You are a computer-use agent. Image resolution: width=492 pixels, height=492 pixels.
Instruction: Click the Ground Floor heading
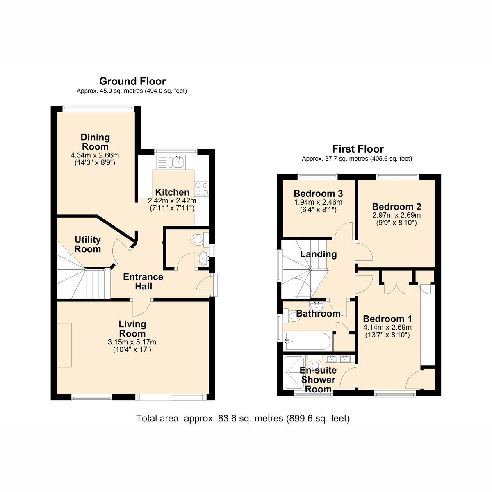coord(132,81)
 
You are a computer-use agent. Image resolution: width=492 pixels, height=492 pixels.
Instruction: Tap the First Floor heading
coord(358,149)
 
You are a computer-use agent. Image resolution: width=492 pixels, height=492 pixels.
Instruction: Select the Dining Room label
coord(95,142)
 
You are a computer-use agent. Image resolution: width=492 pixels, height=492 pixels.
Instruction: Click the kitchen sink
coord(178,162)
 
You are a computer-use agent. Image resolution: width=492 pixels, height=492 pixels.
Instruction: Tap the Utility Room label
coord(88,244)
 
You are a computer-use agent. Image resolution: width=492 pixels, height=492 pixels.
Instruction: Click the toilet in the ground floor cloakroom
coord(198,239)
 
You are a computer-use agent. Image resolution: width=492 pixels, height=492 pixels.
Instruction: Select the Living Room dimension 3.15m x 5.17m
coord(132,342)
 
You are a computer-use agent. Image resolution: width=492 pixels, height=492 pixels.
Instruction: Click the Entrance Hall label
coord(143,282)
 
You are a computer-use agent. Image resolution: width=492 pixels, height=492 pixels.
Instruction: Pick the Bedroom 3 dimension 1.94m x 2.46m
coord(318,202)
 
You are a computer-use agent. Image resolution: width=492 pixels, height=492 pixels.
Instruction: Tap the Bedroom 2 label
coord(396,207)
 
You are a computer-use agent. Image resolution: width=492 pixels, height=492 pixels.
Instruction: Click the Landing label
coord(319,254)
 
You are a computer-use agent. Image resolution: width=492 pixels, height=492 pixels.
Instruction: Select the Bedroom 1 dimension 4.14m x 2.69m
coord(387,327)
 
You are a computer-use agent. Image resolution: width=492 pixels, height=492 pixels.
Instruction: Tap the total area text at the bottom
coord(243,419)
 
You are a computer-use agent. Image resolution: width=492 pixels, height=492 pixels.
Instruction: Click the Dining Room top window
coord(98,109)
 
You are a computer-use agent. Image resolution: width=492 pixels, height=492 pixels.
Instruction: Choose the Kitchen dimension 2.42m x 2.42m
coord(172,201)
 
